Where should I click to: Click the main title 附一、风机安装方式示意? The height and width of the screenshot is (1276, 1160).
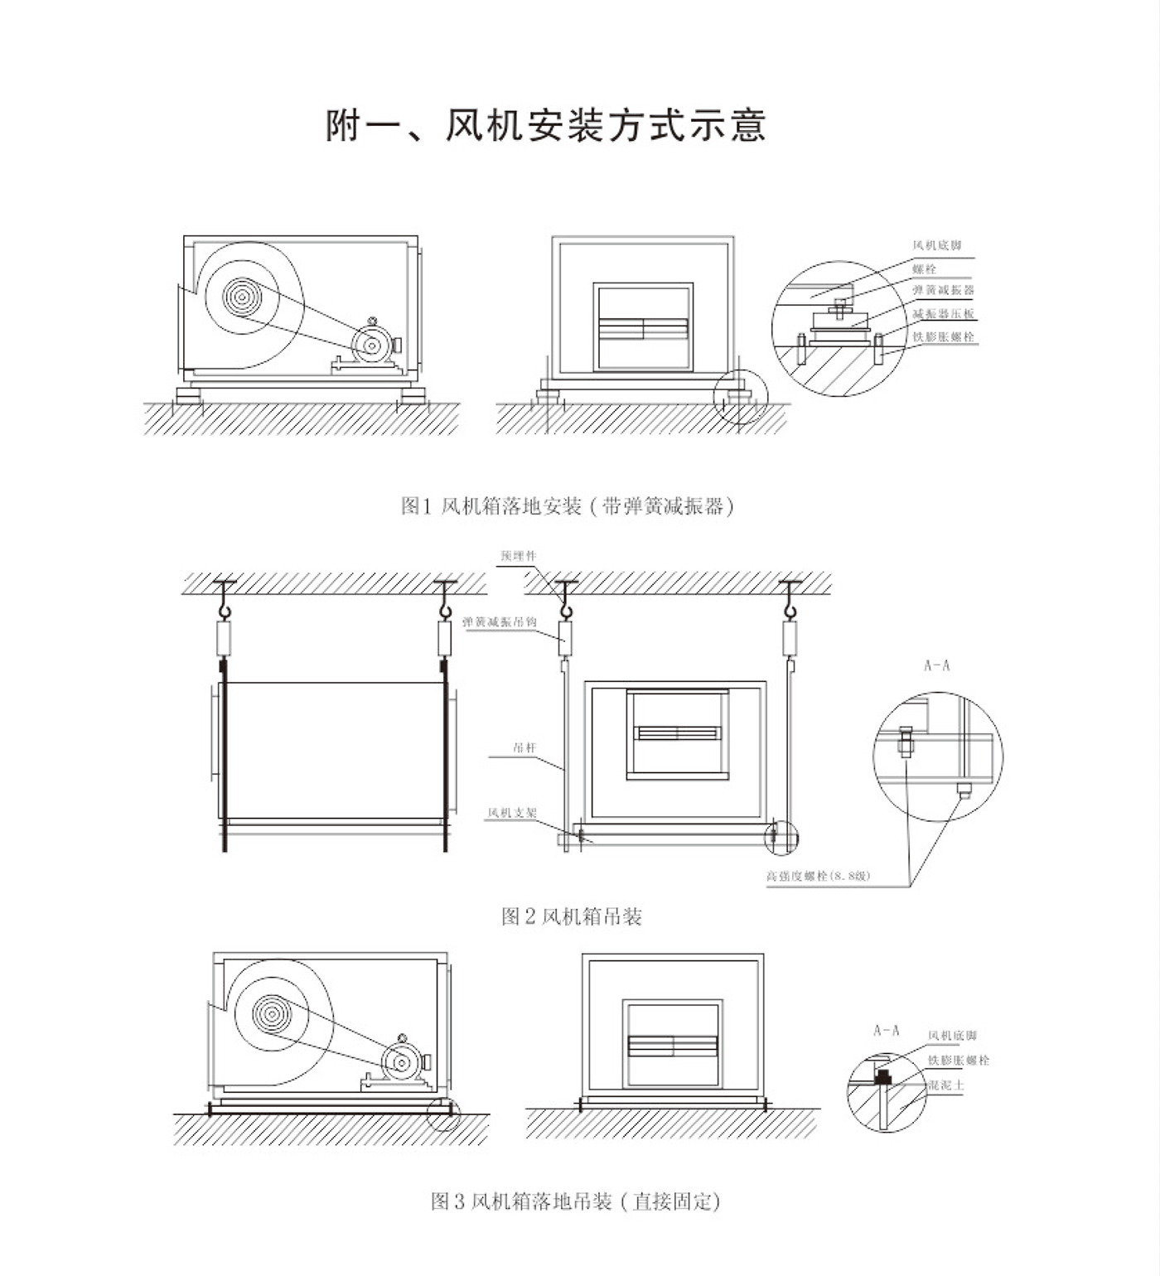pyautogui.click(x=546, y=126)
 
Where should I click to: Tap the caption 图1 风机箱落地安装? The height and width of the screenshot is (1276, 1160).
pyautogui.click(x=568, y=505)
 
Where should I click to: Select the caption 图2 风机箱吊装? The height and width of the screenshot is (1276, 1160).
pyautogui.click(x=572, y=916)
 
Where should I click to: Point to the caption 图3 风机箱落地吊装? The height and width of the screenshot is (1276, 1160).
pyautogui.click(x=576, y=1201)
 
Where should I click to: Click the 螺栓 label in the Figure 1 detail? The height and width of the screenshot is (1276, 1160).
pyautogui.click(x=924, y=268)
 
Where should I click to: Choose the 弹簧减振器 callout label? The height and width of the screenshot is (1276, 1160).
pyautogui.click(x=943, y=291)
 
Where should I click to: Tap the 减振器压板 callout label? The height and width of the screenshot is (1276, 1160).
pyautogui.click(x=943, y=314)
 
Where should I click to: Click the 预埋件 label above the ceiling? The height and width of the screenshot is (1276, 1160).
pyautogui.click(x=518, y=555)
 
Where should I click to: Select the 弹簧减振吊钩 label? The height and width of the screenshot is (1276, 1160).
pyautogui.click(x=500, y=621)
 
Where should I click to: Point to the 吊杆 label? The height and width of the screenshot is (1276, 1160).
pyautogui.click(x=524, y=747)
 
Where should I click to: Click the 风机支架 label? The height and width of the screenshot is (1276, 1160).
pyautogui.click(x=511, y=813)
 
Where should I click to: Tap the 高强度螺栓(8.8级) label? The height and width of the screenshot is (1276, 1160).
pyautogui.click(x=818, y=875)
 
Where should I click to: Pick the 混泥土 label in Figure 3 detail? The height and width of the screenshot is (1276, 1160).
pyautogui.click(x=946, y=1085)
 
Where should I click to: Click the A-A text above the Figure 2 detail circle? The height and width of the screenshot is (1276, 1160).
pyautogui.click(x=936, y=665)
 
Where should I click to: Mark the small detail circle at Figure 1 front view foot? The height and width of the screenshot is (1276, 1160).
pyautogui.click(x=741, y=397)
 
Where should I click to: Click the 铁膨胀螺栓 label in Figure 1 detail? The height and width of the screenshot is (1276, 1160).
pyautogui.click(x=943, y=337)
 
